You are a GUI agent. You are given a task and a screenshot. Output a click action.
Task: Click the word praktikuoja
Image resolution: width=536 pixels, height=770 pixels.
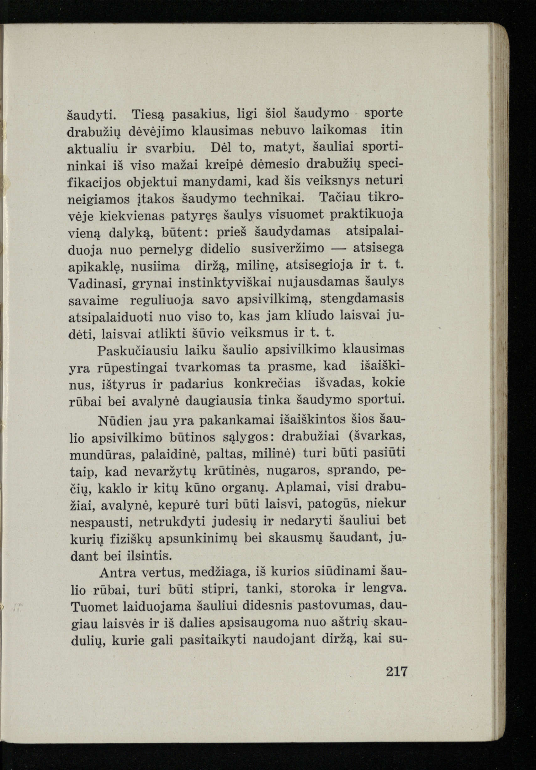[367, 215]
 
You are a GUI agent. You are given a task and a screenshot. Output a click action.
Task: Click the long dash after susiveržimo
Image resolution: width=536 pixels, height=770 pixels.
[339, 249]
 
